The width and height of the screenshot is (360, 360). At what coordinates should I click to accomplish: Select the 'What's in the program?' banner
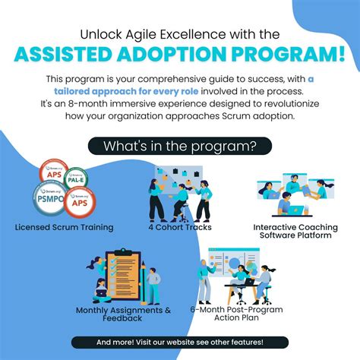(x=179, y=145)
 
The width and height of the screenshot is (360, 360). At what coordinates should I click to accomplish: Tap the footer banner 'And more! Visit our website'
(x=180, y=343)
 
